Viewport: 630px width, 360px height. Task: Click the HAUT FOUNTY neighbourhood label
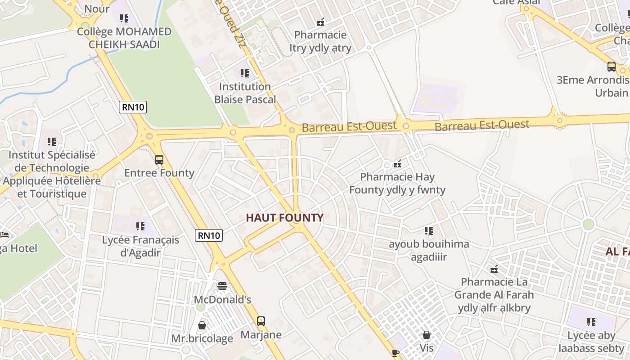pos(284,218)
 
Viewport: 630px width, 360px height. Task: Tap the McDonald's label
pos(222,300)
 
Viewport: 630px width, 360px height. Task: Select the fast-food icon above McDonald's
pos(222,286)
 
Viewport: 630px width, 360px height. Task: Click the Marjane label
pos(261,335)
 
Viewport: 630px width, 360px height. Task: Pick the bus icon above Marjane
pos(261,321)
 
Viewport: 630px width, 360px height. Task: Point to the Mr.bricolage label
pos(202,338)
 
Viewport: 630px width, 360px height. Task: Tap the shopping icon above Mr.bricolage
pos(202,325)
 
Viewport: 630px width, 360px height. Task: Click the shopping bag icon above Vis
pos(427,335)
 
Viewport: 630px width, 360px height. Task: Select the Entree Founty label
pos(159,173)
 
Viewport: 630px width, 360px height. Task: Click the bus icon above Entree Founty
pos(159,160)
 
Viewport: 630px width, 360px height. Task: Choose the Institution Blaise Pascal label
pos(245,93)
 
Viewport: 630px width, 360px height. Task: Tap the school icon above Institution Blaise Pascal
pos(245,73)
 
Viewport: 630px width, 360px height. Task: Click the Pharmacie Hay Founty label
pos(397,183)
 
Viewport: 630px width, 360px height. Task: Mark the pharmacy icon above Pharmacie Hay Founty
pos(397,164)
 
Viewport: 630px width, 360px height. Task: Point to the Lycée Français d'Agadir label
pos(140,246)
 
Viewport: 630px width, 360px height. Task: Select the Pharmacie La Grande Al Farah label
pos(494,295)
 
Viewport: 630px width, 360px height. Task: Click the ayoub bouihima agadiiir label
pos(429,251)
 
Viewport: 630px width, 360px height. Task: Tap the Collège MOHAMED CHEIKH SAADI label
pos(124,38)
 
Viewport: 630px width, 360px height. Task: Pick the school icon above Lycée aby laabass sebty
pos(591,322)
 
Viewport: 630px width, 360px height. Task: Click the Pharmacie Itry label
pos(320,41)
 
